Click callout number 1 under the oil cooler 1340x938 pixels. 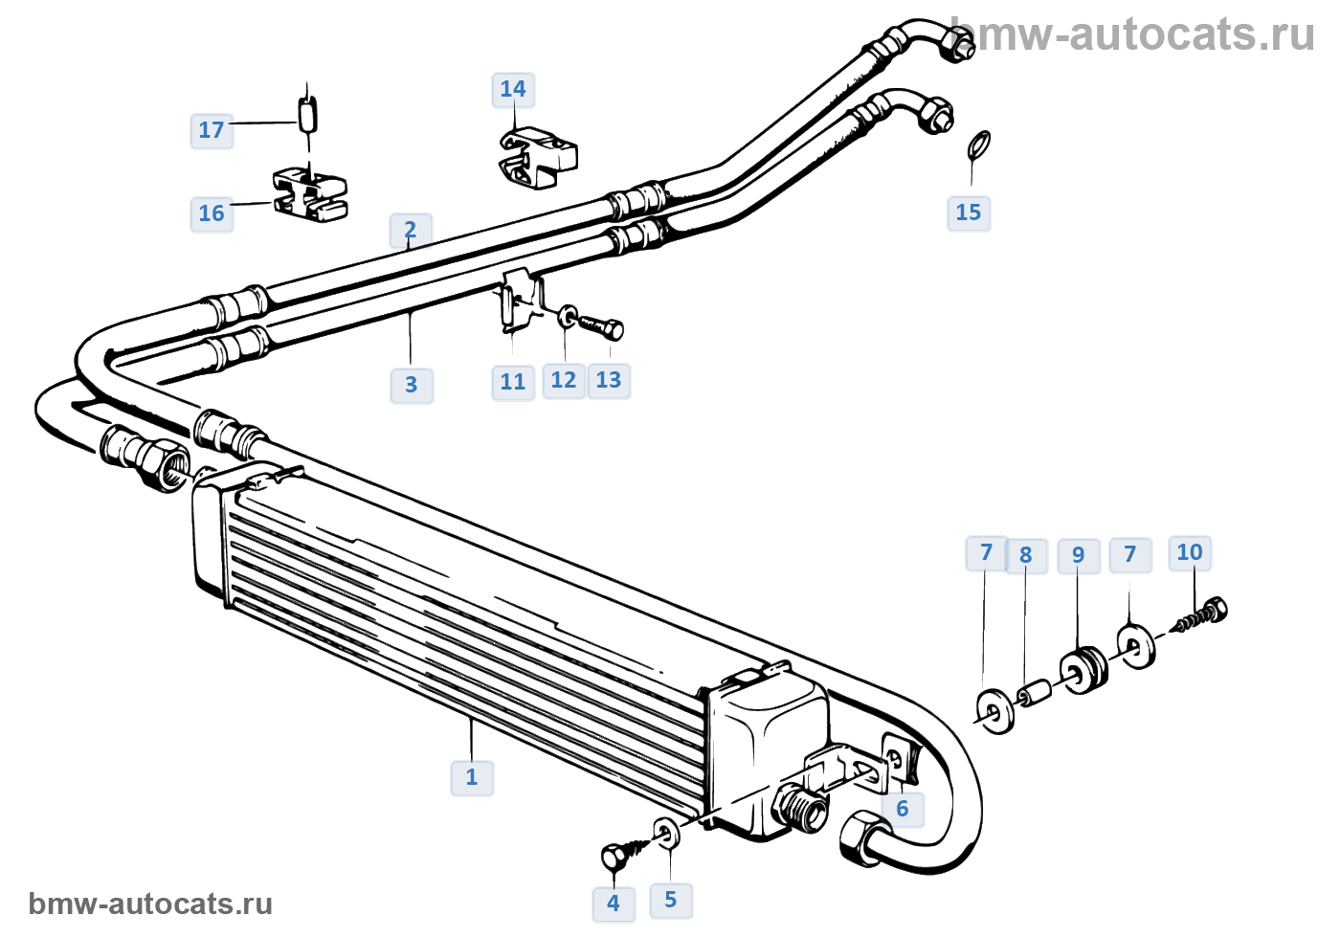coord(471,777)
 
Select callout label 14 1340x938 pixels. coord(513,90)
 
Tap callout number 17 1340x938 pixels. coord(212,130)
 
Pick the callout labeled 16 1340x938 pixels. coord(212,213)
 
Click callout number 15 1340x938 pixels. coord(969,212)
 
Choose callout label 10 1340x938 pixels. coord(1189,553)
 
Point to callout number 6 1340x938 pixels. coord(903,810)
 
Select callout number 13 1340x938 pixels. coord(609,381)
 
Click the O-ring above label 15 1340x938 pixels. coord(978,145)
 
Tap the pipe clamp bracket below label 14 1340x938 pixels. coord(538,157)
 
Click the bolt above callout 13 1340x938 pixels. coord(600,327)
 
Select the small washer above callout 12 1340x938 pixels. coord(567,317)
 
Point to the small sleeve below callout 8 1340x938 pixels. coord(1035,694)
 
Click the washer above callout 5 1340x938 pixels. coord(666,834)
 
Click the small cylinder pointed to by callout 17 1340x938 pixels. coord(307,116)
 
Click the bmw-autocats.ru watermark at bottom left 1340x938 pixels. coord(150,904)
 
